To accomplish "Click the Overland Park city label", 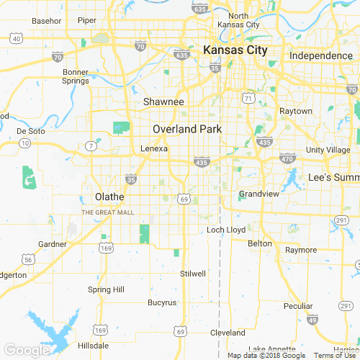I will (x=186, y=129).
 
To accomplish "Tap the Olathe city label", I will (x=109, y=197).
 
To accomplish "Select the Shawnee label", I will (x=163, y=102).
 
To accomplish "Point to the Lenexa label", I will (x=153, y=148).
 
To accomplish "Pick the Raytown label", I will (x=296, y=112).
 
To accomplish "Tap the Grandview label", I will (x=254, y=194).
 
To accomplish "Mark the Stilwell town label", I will (x=193, y=274).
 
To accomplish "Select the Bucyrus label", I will (x=161, y=302).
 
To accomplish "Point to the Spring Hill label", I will (x=106, y=289).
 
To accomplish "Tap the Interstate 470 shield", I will (x=287, y=158).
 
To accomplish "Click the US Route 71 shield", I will (x=249, y=96).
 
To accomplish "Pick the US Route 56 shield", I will (x=27, y=258).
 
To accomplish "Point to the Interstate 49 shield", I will (x=312, y=320).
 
